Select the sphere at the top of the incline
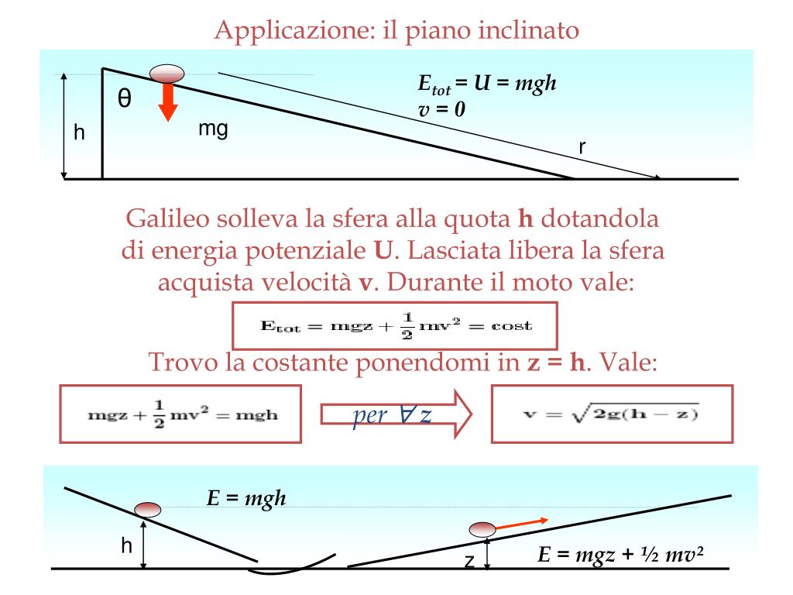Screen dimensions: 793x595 [166, 74]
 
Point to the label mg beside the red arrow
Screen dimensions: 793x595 [212, 129]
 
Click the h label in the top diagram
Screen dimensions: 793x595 [79, 132]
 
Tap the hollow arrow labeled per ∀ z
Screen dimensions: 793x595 [395, 414]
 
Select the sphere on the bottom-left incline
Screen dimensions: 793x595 [147, 509]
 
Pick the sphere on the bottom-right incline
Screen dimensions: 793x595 [482, 529]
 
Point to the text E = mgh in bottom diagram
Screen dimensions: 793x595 [246, 498]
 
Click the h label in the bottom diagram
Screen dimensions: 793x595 [126, 546]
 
